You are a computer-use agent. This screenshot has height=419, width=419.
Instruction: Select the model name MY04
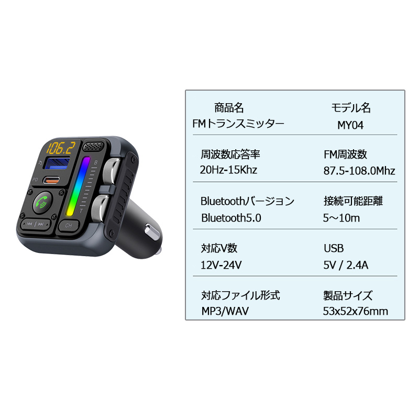[350, 125]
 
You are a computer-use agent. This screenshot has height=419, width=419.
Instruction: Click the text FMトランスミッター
[238, 124]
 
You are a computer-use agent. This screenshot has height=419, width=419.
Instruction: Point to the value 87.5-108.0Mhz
[359, 171]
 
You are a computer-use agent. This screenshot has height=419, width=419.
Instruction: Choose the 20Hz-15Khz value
[228, 170]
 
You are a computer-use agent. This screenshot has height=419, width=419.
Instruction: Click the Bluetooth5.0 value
[231, 218]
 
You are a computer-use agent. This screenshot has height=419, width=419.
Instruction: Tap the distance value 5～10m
[341, 218]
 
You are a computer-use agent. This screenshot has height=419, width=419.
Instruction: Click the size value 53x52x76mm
[356, 312]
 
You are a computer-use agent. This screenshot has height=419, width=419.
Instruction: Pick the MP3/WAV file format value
[225, 312]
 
